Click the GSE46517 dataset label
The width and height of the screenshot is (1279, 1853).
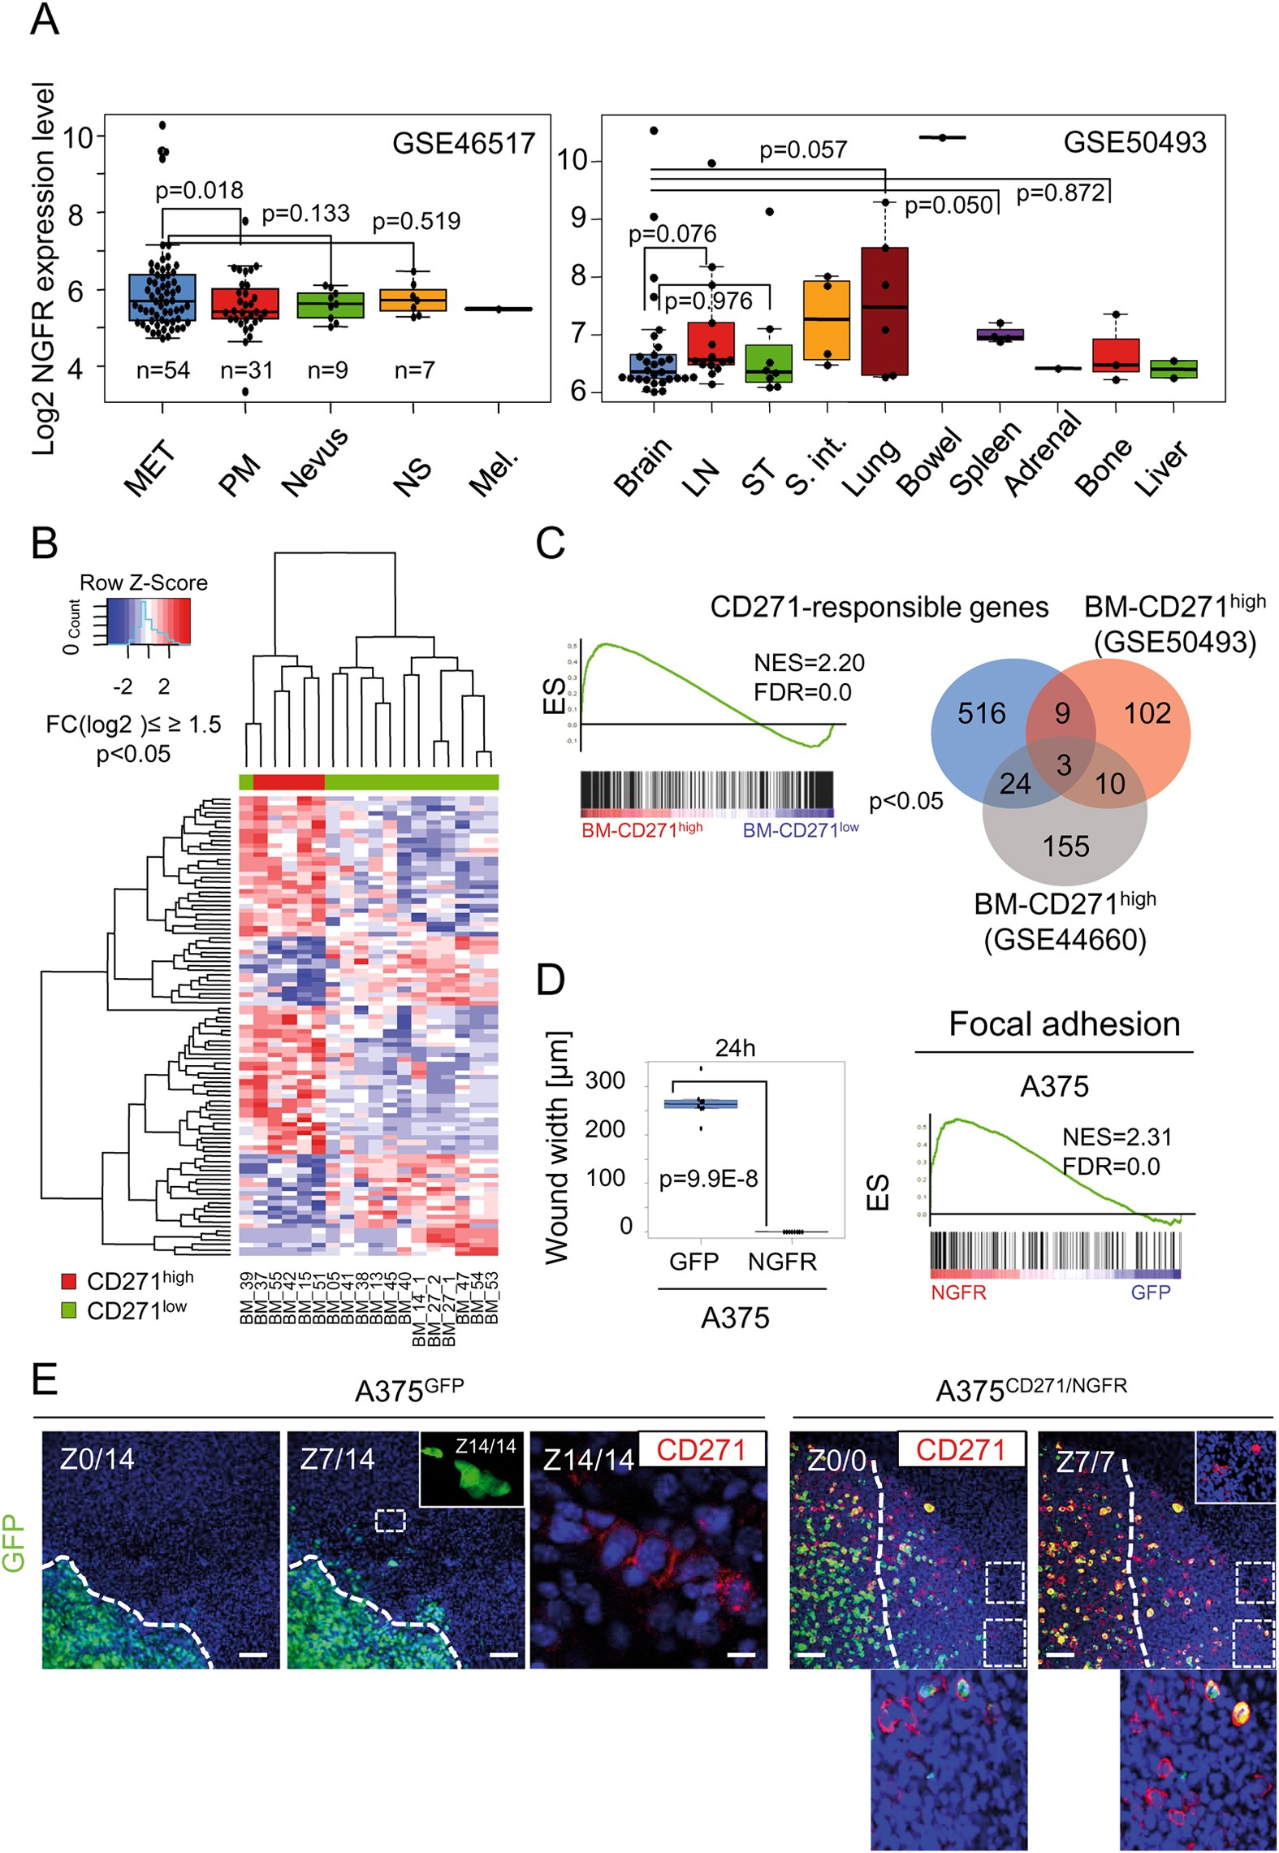pos(463,143)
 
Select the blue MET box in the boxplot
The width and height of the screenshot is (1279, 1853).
pos(162,298)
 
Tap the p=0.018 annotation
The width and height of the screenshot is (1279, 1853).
pos(199,190)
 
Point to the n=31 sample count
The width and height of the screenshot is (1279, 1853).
pos(247,370)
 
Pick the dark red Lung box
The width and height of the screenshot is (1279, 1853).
pos(885,311)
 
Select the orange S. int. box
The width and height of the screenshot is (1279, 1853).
pos(827,320)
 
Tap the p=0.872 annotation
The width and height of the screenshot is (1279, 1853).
pos(1061,193)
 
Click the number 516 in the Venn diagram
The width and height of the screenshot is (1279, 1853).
pos(981,713)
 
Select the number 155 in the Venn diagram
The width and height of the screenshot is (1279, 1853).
pos(1065,846)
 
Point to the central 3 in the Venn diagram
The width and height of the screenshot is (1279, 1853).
pos(1064,765)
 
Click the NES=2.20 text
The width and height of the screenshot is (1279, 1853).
pos(809,663)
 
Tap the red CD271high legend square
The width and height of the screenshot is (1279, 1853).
pos(69,1281)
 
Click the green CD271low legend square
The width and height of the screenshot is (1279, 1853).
pos(69,1310)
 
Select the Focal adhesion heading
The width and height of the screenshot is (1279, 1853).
pos(1064,1024)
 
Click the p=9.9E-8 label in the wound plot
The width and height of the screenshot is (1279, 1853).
pos(708,1179)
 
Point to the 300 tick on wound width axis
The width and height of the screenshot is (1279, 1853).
pos(605,1080)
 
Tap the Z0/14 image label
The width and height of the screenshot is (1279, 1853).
pos(97,1459)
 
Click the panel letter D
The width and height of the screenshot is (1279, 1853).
pos(551,980)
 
